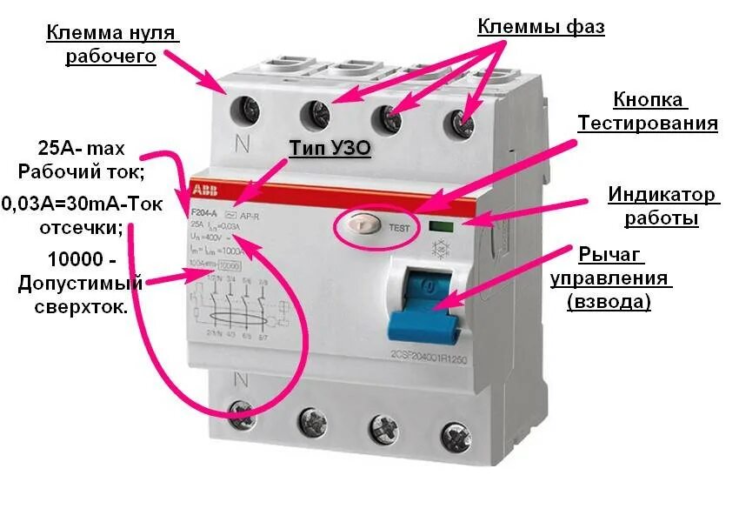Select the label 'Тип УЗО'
pyautogui.click(x=330, y=150)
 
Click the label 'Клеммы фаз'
pyautogui.click(x=541, y=27)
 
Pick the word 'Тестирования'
pyautogui.click(x=648, y=123)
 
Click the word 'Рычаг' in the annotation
pyautogui.click(x=611, y=255)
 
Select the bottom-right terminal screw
pyautogui.click(x=452, y=432)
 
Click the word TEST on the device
pyautogui.click(x=399, y=228)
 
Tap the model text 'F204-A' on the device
pyautogui.click(x=203, y=212)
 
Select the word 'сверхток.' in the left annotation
pyautogui.click(x=82, y=307)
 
